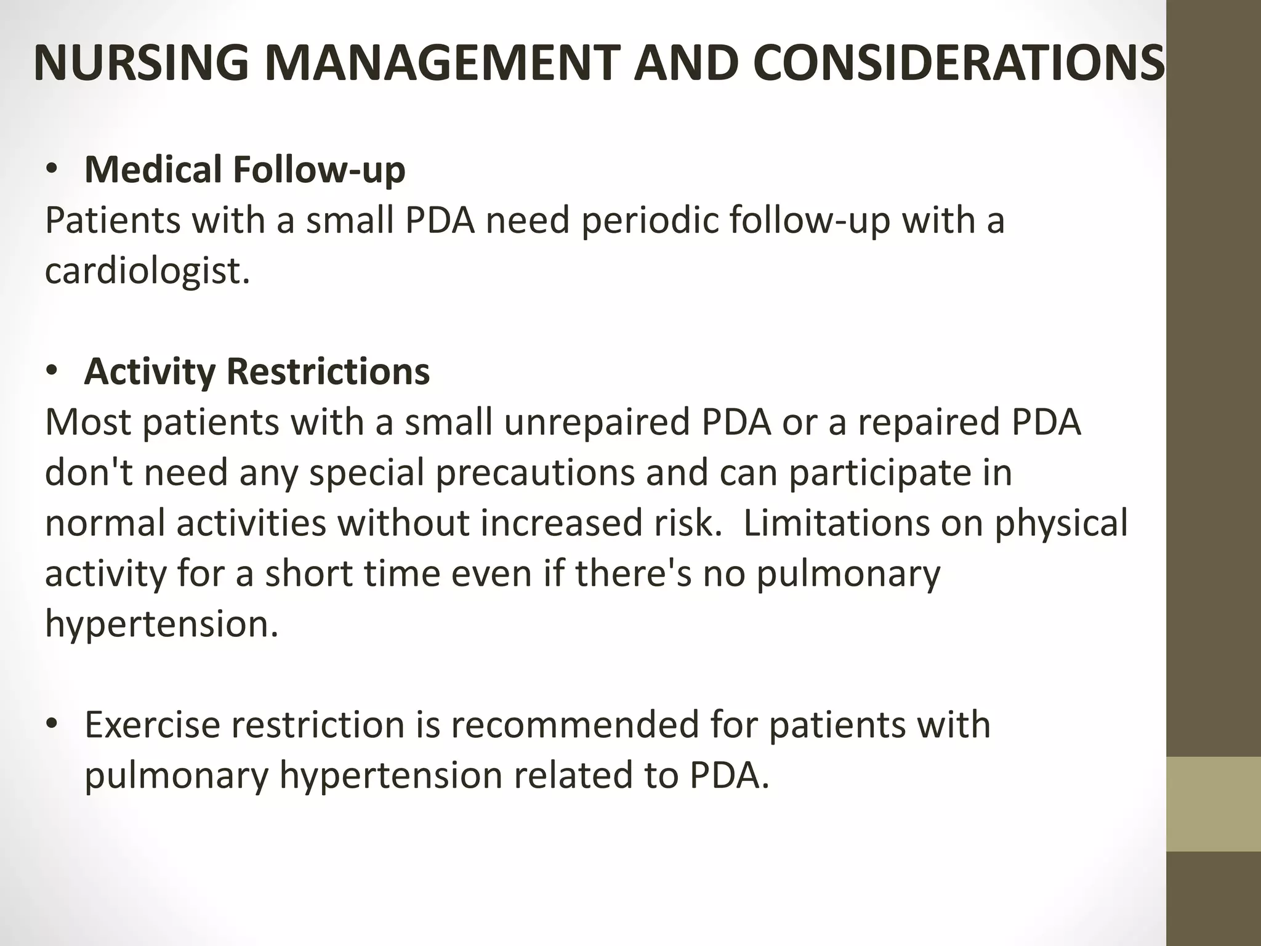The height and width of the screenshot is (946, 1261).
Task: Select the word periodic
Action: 650,220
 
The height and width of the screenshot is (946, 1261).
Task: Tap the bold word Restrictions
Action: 328,371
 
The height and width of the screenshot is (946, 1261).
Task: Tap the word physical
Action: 1061,523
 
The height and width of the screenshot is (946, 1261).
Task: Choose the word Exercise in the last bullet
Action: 151,725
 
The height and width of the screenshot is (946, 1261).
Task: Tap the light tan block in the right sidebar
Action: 1214,804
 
